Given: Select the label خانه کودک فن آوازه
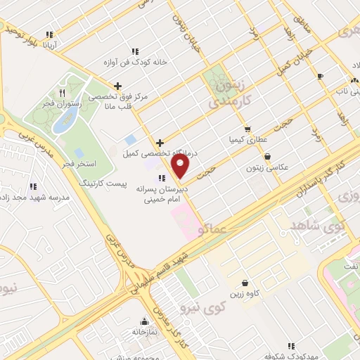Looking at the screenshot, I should pos(135,61).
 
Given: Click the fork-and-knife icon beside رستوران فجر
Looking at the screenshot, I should pos(62,92).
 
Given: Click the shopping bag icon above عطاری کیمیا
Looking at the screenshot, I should pos(247,129).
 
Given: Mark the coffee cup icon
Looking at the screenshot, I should pos(320,76).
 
